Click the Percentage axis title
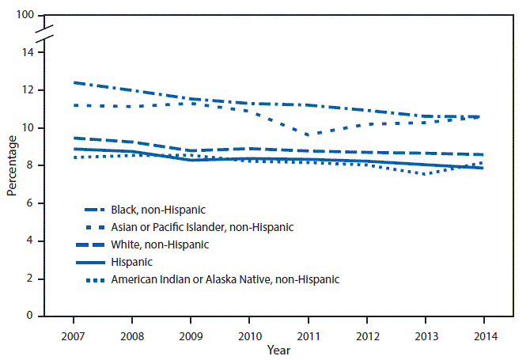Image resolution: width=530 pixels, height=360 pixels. [x=11, y=165]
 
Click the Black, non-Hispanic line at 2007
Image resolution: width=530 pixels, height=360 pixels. [x=74, y=82]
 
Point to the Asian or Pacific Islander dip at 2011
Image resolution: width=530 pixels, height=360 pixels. [x=308, y=135]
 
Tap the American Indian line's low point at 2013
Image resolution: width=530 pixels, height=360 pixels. [x=425, y=174]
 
